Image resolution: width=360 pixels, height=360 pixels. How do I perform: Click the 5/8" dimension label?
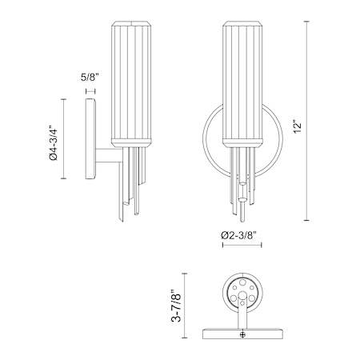point(90,78)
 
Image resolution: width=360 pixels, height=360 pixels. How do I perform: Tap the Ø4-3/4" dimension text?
point(54,141)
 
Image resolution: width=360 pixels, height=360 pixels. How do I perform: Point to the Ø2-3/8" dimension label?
point(238,235)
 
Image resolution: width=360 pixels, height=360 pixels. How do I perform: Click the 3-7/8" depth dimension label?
point(176,306)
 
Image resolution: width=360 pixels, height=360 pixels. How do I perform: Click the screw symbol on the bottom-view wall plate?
point(242,334)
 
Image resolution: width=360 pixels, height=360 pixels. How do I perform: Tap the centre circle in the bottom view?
point(242,295)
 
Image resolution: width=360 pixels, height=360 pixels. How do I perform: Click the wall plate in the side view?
point(90,139)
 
